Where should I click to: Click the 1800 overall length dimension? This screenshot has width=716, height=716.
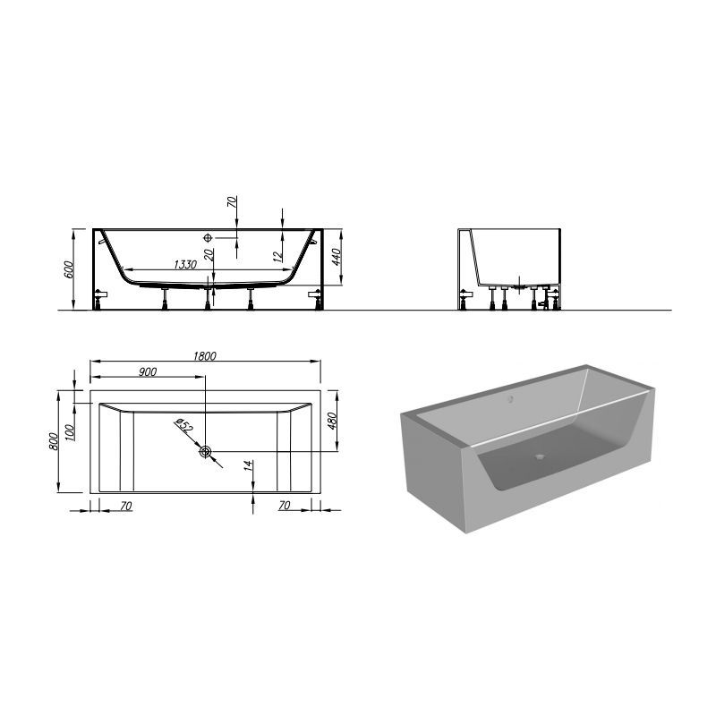(x=205, y=355)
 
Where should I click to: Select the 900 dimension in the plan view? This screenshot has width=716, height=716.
(x=148, y=372)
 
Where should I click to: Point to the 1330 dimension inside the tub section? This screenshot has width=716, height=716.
(x=184, y=264)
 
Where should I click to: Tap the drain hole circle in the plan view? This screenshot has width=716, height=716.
(x=207, y=452)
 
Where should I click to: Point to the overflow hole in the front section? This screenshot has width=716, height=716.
(x=209, y=238)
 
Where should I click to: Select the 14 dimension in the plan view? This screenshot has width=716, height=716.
(x=247, y=465)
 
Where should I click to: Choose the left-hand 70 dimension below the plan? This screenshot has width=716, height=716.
(x=125, y=506)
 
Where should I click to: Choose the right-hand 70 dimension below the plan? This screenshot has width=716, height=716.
(x=286, y=506)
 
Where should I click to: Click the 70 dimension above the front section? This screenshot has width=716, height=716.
(x=232, y=202)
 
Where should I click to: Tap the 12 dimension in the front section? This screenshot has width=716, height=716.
(x=278, y=255)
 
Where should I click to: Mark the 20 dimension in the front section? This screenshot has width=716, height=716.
(x=209, y=255)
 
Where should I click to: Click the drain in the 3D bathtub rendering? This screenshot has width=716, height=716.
(x=539, y=454)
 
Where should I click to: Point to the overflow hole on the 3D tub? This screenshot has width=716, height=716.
(x=511, y=398)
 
